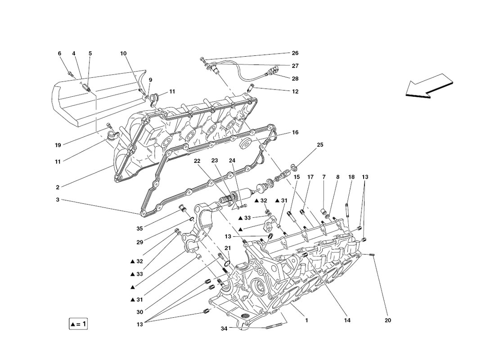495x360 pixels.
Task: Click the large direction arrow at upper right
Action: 429,85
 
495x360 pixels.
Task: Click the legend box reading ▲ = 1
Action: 78,324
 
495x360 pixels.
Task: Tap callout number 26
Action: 295,53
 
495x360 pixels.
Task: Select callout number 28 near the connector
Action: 295,79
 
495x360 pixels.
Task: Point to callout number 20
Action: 387,320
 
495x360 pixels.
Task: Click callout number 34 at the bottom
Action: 224,329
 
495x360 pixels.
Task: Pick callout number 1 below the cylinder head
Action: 306,320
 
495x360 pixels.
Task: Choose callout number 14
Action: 347,320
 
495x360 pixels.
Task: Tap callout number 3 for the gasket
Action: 58,200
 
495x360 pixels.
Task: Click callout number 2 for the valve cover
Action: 58,187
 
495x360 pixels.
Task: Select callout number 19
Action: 58,145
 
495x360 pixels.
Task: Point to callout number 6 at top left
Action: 60,54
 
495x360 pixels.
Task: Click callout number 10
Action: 123,54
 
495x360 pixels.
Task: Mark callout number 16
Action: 295,132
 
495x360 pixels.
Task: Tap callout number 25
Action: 320,145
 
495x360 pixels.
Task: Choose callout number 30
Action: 140,312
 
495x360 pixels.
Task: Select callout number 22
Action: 197,161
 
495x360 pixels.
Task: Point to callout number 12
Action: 295,92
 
